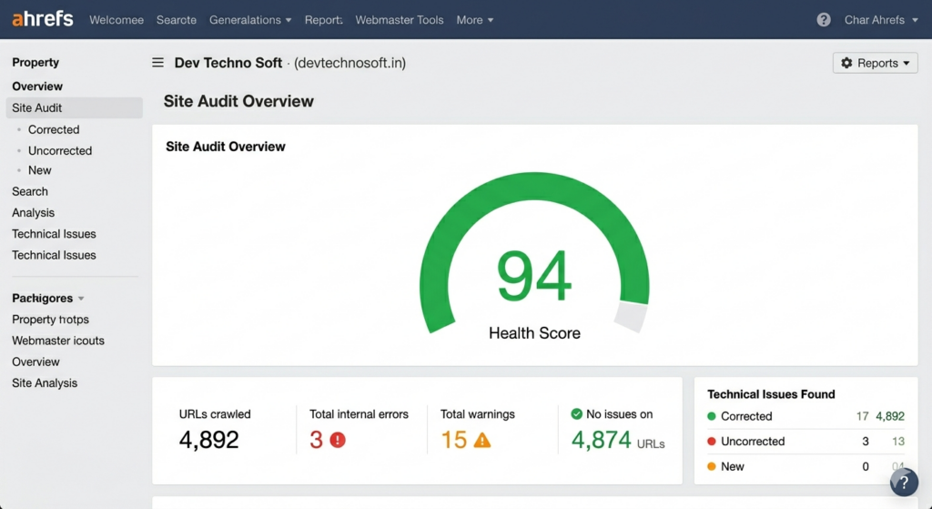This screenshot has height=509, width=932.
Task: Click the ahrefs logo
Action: click(x=44, y=19)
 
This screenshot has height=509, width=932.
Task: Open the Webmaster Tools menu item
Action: click(x=400, y=20)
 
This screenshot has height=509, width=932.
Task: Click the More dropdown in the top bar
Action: click(x=475, y=20)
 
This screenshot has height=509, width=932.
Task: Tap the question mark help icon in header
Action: click(x=824, y=20)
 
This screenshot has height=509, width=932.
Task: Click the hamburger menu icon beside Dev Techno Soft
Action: click(x=157, y=63)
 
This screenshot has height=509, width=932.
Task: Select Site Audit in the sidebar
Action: click(x=37, y=107)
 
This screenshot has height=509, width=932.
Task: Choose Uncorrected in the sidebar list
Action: click(x=60, y=150)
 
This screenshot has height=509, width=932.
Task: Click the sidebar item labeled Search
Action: click(x=30, y=191)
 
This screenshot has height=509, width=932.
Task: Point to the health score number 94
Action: click(x=534, y=276)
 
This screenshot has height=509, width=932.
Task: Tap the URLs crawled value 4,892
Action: click(x=209, y=441)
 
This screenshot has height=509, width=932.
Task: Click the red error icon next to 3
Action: click(x=338, y=441)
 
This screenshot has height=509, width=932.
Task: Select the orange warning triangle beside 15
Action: click(x=481, y=441)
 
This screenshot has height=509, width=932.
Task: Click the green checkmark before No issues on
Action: click(x=576, y=414)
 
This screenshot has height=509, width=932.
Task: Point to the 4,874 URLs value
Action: click(x=602, y=441)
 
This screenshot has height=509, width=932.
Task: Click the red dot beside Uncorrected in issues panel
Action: click(x=712, y=442)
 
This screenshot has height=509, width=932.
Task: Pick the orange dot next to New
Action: click(x=712, y=466)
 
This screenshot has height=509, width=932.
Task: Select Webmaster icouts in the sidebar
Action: click(x=58, y=341)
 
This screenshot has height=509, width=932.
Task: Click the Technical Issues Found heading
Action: click(x=771, y=394)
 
